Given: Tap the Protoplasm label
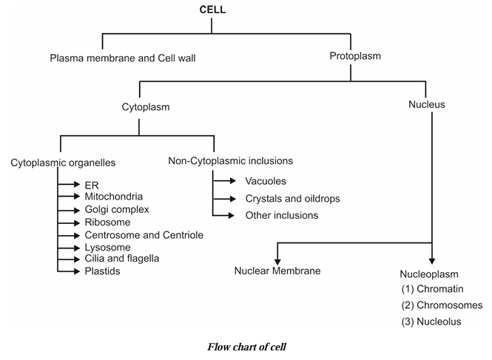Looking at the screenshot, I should (x=356, y=56).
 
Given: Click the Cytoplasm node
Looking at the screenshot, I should (x=146, y=107).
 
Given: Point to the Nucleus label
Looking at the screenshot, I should (x=427, y=105).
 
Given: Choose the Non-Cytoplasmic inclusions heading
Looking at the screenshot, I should (x=231, y=160).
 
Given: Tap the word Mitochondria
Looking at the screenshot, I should (x=114, y=197).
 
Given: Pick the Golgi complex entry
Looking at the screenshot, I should (x=117, y=209).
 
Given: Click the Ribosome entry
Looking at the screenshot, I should (x=108, y=222).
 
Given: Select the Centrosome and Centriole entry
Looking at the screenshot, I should (x=144, y=234).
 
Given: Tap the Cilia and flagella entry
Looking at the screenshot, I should (x=122, y=258).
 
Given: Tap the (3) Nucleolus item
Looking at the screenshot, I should (x=432, y=322).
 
